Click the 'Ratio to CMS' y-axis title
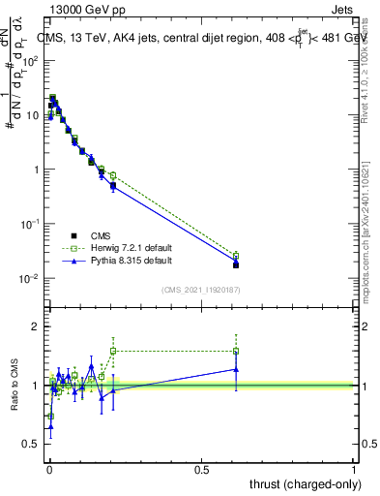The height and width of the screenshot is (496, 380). pyautogui.click(x=14, y=384)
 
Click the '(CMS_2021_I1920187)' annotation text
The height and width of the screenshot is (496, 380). pyautogui.click(x=201, y=290)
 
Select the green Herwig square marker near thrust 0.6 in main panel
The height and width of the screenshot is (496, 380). pyautogui.click(x=236, y=256)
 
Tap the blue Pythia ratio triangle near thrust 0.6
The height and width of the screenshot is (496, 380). pyautogui.click(x=236, y=369)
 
